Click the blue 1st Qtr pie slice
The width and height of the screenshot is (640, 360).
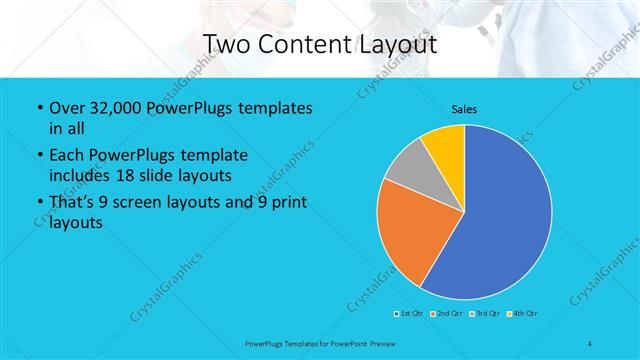click(510, 220)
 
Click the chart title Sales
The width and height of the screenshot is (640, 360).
click(464, 108)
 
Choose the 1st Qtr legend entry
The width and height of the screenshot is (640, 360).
click(407, 314)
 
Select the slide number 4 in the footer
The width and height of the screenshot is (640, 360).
click(590, 343)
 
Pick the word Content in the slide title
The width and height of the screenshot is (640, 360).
click(305, 45)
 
